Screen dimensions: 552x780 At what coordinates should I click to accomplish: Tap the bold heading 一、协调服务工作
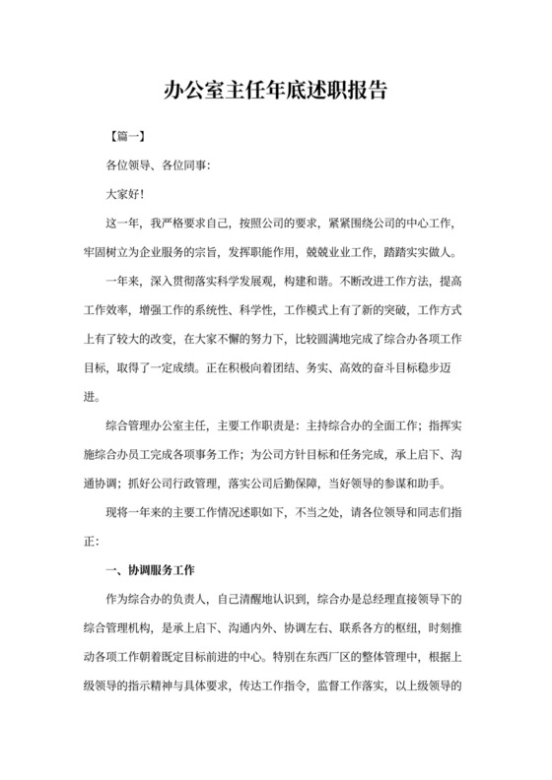(152, 567)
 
